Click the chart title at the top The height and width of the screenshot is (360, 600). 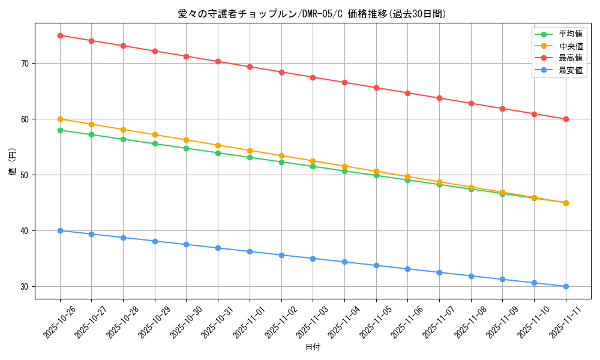tap(312, 14)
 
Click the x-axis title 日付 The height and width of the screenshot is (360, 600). tap(313, 347)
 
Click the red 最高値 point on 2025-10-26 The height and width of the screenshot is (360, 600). tap(60, 35)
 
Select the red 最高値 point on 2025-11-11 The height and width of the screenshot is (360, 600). tap(566, 119)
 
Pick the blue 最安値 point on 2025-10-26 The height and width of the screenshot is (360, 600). tap(60, 230)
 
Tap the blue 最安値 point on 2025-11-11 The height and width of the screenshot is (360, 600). tap(566, 286)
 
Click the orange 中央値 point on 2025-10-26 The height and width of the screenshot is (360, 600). tap(60, 119)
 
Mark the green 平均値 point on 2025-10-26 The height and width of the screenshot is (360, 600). tap(60, 130)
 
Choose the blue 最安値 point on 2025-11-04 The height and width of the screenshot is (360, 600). tap(344, 262)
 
